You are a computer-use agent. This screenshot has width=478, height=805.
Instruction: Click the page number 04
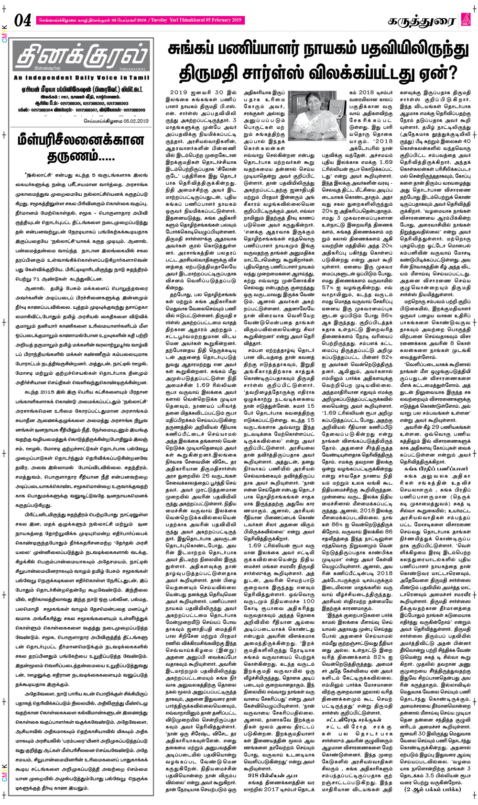click(x=23, y=20)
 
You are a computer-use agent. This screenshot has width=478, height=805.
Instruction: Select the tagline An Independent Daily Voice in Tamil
click(x=82, y=78)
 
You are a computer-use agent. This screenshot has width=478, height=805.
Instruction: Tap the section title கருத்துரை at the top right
click(x=421, y=21)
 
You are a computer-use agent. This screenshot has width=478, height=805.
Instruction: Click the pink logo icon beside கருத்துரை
click(x=466, y=20)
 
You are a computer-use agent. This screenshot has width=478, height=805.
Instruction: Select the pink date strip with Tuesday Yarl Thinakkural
click(x=141, y=20)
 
